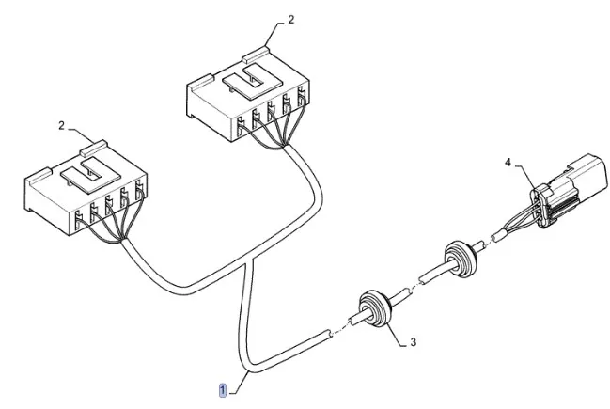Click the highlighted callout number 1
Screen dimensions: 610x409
coord(223,390)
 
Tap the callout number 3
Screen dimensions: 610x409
coord(414,342)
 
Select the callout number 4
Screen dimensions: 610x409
coord(508,162)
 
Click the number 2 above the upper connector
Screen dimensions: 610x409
coord(291,20)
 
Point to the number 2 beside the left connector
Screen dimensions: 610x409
coord(61,126)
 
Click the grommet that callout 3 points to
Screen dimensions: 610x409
coord(374,309)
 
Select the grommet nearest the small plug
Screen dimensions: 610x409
coord(461,259)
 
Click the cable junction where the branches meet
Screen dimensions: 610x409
coord(248,263)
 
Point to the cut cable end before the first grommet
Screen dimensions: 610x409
coord(328,335)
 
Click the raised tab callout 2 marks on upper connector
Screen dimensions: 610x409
coord(256,55)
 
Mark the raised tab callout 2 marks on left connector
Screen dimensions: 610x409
coord(93,149)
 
